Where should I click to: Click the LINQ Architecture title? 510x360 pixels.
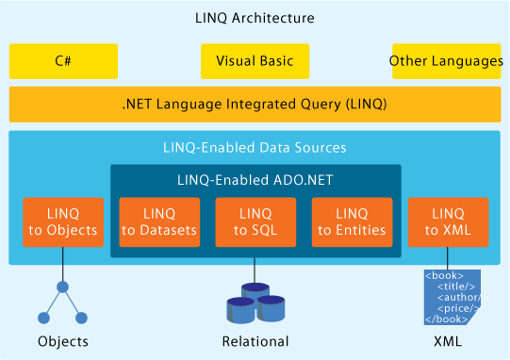tap(255, 18)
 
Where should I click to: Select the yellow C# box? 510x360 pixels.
tap(63, 61)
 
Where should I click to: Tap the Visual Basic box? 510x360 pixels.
tap(255, 61)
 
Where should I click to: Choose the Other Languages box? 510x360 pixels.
tap(446, 61)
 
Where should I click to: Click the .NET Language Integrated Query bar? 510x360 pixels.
tap(255, 105)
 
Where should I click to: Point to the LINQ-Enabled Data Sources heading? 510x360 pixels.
tap(255, 148)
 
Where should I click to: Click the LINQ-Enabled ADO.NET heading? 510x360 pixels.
tap(255, 180)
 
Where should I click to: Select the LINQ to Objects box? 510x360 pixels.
tap(63, 222)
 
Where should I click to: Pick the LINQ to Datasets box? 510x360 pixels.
tap(159, 222)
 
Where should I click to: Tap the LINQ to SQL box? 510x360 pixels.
tap(255, 222)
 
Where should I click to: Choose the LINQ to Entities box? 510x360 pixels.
tap(352, 222)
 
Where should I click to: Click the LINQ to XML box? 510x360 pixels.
tap(448, 222)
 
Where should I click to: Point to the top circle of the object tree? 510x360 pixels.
tap(62, 286)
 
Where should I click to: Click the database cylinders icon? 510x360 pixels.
tap(255, 303)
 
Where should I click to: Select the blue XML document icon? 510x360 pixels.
tap(452, 297)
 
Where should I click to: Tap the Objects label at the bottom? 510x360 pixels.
tap(63, 341)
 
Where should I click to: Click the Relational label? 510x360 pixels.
tap(255, 341)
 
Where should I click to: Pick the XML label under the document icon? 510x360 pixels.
tap(448, 341)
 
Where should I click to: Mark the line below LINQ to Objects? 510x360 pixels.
tap(63, 264)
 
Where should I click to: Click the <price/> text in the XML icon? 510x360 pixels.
tap(458, 308)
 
